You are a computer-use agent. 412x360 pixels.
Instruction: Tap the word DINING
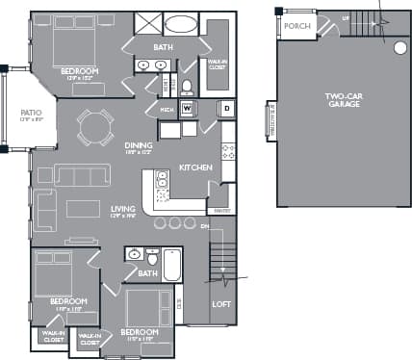(x=139, y=145)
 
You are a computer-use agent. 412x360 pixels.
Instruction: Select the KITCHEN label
(x=195, y=167)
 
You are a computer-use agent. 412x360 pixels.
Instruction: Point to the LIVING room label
(x=122, y=209)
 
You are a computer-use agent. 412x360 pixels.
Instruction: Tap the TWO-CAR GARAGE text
(x=342, y=99)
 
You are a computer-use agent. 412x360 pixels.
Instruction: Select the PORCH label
(x=297, y=26)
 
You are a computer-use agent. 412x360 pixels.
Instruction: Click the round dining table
(x=95, y=125)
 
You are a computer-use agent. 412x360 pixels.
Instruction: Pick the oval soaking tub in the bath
(x=180, y=23)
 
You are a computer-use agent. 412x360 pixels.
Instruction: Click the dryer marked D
(x=227, y=108)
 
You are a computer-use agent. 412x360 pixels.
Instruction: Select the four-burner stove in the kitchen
(x=229, y=151)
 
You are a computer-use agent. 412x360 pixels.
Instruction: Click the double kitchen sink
(x=162, y=180)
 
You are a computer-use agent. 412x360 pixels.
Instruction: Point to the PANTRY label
(x=221, y=211)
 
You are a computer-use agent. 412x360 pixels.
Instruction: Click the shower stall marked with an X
(x=147, y=23)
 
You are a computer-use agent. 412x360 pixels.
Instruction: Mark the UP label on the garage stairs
(x=346, y=16)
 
